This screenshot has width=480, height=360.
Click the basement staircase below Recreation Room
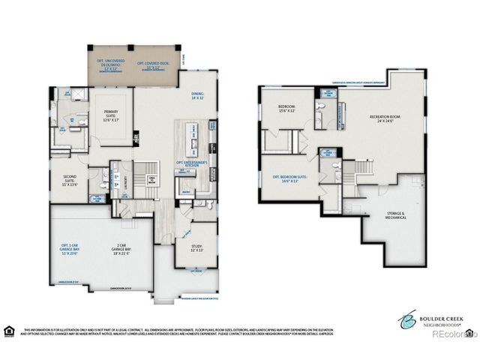(362, 170)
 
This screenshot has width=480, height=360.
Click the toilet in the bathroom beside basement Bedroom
(320, 107)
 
